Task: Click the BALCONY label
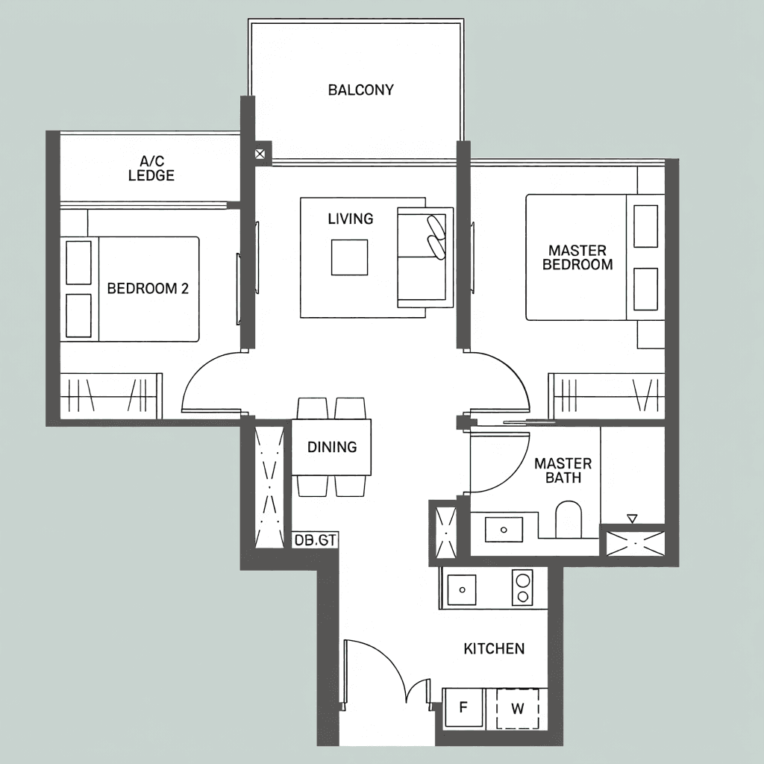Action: point(360,90)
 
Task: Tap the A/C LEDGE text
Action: point(151,168)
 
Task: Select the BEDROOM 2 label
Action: point(148,289)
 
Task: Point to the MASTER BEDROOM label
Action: point(577,257)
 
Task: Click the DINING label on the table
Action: point(332,447)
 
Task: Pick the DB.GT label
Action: point(316,540)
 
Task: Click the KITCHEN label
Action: point(494,648)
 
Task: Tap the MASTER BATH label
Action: point(563,470)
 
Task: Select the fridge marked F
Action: point(463,707)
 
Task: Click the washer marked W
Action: point(518,708)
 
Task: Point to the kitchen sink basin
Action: point(461,589)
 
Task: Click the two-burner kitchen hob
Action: point(522,588)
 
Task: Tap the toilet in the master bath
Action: point(569,519)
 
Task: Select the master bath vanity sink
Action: point(504,529)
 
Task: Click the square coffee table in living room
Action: point(349,257)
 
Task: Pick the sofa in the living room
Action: point(425,257)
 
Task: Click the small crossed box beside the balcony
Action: point(260,154)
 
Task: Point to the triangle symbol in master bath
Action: point(632,519)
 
